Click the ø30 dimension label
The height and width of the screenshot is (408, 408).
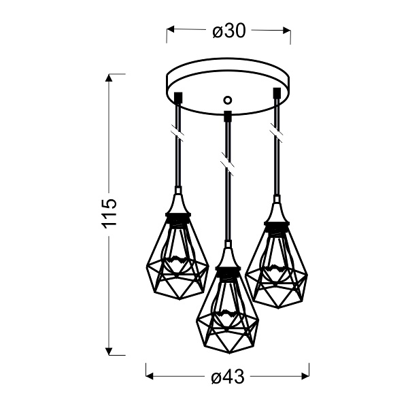coord(228,31)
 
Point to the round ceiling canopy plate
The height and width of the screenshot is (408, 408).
coord(227,85)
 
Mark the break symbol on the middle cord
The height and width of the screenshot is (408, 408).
coord(227,163)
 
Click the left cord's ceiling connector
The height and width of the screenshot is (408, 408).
coord(177,97)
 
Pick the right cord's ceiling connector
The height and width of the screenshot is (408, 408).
coord(276,92)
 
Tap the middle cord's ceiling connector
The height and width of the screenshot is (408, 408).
coord(227,115)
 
